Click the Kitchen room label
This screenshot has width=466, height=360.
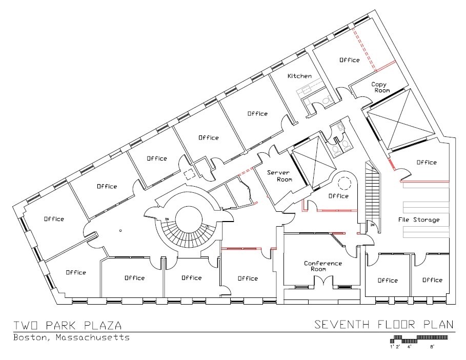(x=299, y=76)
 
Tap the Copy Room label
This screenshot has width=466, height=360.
(x=379, y=87)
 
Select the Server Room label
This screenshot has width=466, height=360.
(x=279, y=176)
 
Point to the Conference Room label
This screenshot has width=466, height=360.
(x=322, y=266)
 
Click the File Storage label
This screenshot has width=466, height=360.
(x=419, y=219)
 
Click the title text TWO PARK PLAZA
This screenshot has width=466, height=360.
(x=68, y=325)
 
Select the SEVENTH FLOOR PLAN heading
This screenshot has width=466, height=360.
(x=384, y=324)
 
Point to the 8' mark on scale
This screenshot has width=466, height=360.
(x=432, y=347)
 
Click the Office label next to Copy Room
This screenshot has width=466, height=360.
(x=350, y=60)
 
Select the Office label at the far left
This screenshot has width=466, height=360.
(x=54, y=219)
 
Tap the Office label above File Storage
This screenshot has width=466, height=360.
(x=427, y=163)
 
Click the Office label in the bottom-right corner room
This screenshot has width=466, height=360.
(x=432, y=280)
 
